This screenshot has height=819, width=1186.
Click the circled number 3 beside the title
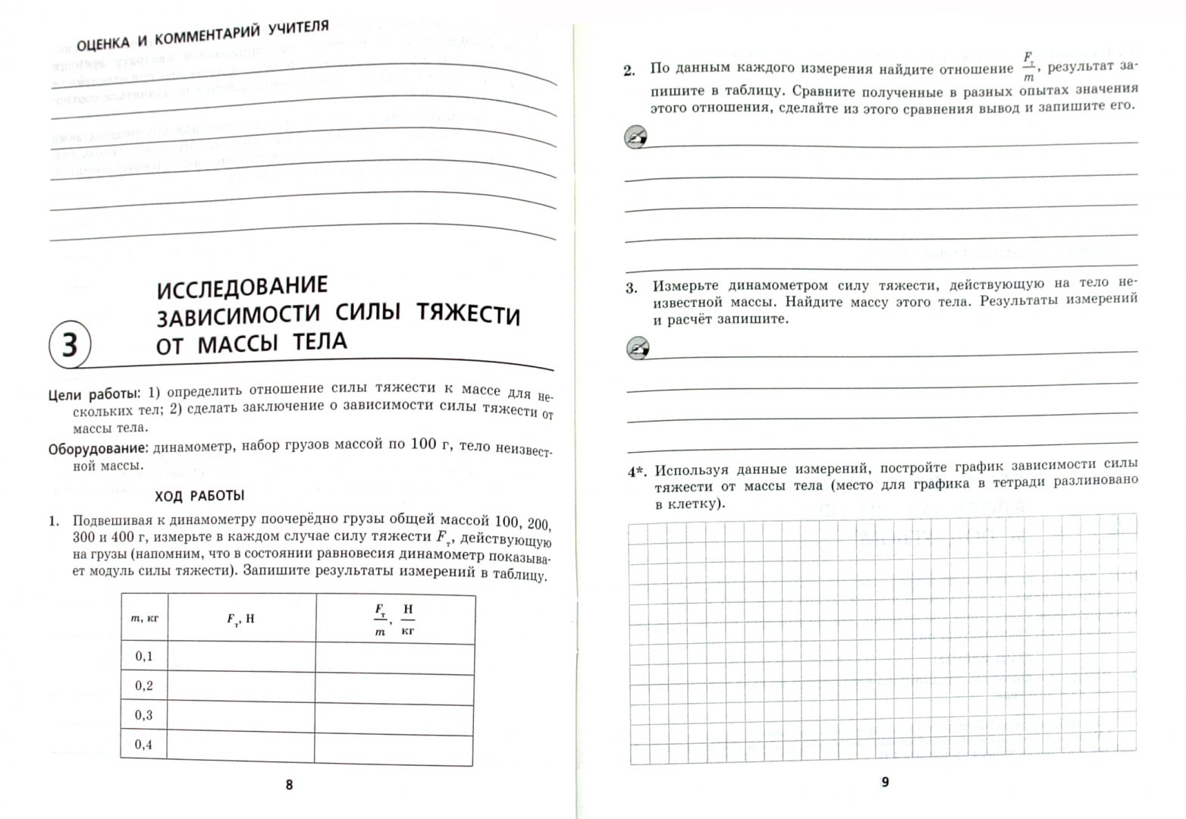pyautogui.click(x=69, y=345)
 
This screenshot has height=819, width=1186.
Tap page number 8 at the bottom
pyautogui.click(x=288, y=786)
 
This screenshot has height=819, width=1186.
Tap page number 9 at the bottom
pyautogui.click(x=884, y=782)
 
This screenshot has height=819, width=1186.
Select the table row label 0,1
pyautogui.click(x=144, y=656)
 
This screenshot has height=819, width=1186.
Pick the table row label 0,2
pyautogui.click(x=144, y=686)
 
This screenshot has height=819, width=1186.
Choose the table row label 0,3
pyautogui.click(x=144, y=715)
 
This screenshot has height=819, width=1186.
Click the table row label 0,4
pyautogui.click(x=144, y=745)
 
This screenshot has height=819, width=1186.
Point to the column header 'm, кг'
pyautogui.click(x=144, y=618)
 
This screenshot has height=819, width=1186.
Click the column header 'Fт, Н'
pyautogui.click(x=241, y=619)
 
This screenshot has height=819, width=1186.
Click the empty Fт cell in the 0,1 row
pyautogui.click(x=241, y=657)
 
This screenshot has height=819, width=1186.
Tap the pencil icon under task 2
pyautogui.click(x=635, y=137)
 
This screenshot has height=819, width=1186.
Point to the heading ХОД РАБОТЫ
pyautogui.click(x=199, y=496)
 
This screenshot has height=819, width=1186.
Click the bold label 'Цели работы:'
pyautogui.click(x=93, y=394)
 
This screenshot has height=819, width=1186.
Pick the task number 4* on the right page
pyautogui.click(x=637, y=472)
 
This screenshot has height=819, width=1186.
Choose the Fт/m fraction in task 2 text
pyautogui.click(x=1028, y=67)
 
